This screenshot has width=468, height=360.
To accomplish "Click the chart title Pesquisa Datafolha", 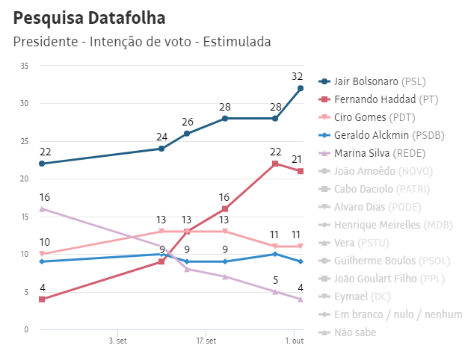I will click(x=90, y=17).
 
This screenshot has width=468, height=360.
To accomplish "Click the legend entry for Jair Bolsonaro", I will click(x=382, y=81).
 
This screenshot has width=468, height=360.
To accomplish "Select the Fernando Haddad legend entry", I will click(x=385, y=99).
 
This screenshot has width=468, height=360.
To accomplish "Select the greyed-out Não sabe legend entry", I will click(x=354, y=332).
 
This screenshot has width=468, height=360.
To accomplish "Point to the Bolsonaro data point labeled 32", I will click(x=301, y=88).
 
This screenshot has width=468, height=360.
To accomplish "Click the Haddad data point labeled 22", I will click(x=275, y=164).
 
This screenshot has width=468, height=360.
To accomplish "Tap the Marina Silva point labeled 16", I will click(x=42, y=208).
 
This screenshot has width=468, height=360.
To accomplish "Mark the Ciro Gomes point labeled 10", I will click(x=42, y=254).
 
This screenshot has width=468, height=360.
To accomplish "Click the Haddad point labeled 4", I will click(x=42, y=300).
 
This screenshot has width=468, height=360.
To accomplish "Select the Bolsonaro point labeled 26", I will click(x=187, y=134).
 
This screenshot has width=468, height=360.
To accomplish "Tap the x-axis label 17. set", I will click(x=206, y=341).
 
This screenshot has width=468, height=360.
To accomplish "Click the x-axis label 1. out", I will click(x=294, y=341).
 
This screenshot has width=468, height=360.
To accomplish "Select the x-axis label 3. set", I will click(x=117, y=341).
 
